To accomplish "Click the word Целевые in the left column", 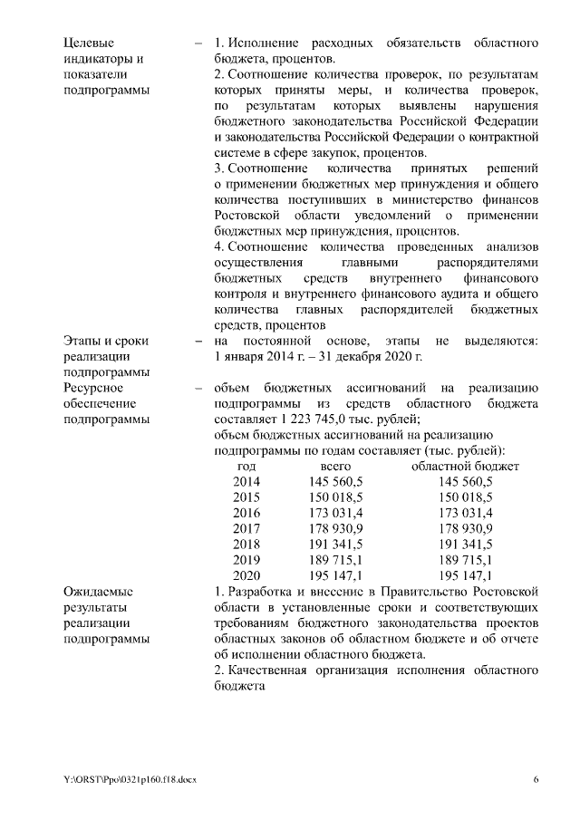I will pos(88,43).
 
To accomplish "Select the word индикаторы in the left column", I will pos(98,59).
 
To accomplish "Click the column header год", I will pos(246,466).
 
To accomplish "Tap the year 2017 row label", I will pos(246,528).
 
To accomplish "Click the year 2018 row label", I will pos(246,545).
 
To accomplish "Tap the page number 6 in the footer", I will pos(536,779).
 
